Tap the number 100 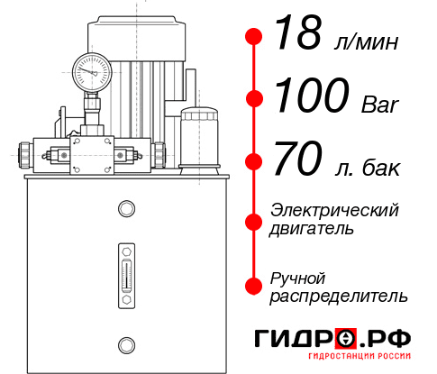coord(309,97)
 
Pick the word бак coord(379,168)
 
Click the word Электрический coord(334,210)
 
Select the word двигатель coord(312,228)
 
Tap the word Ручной coord(298,277)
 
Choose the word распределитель coord(339,295)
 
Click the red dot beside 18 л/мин coord(254,37)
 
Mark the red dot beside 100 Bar coord(254,98)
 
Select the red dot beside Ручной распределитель coord(254,285)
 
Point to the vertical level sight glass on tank coord(125,269)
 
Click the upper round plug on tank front coord(125,209)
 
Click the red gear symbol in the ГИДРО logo coord(344,339)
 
